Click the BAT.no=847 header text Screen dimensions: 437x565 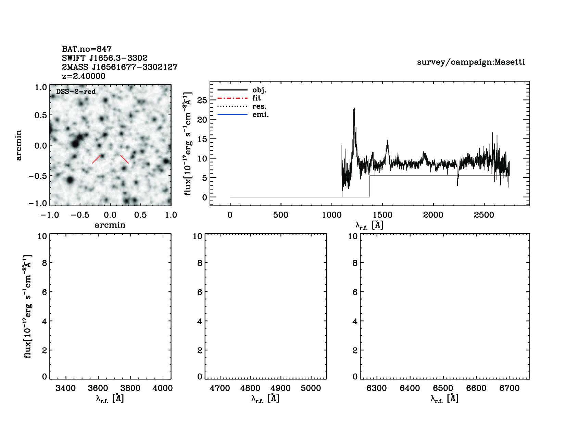tap(87, 49)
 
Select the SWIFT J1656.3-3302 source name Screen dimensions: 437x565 tap(104, 58)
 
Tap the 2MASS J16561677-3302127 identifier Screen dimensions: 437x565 tap(120, 67)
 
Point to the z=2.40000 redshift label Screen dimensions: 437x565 tap(84, 76)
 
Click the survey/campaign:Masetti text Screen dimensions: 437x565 tap(471, 62)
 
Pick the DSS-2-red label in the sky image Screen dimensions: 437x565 tap(76, 92)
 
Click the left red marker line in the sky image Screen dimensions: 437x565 tap(96, 159)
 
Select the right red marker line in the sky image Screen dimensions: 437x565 tap(125, 159)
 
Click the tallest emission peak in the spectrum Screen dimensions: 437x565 tap(354, 109)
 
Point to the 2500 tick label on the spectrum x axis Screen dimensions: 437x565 tap(484, 215)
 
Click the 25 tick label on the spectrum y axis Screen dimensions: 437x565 tap(202, 100)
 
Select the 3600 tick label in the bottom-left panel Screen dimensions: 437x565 tap(98, 388)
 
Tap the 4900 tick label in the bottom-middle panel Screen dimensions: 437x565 tap(280, 388)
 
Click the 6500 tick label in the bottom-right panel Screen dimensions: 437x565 tap(443, 388)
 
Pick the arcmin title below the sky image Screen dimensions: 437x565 tap(110, 225)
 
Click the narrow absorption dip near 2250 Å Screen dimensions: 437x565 tap(457, 184)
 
